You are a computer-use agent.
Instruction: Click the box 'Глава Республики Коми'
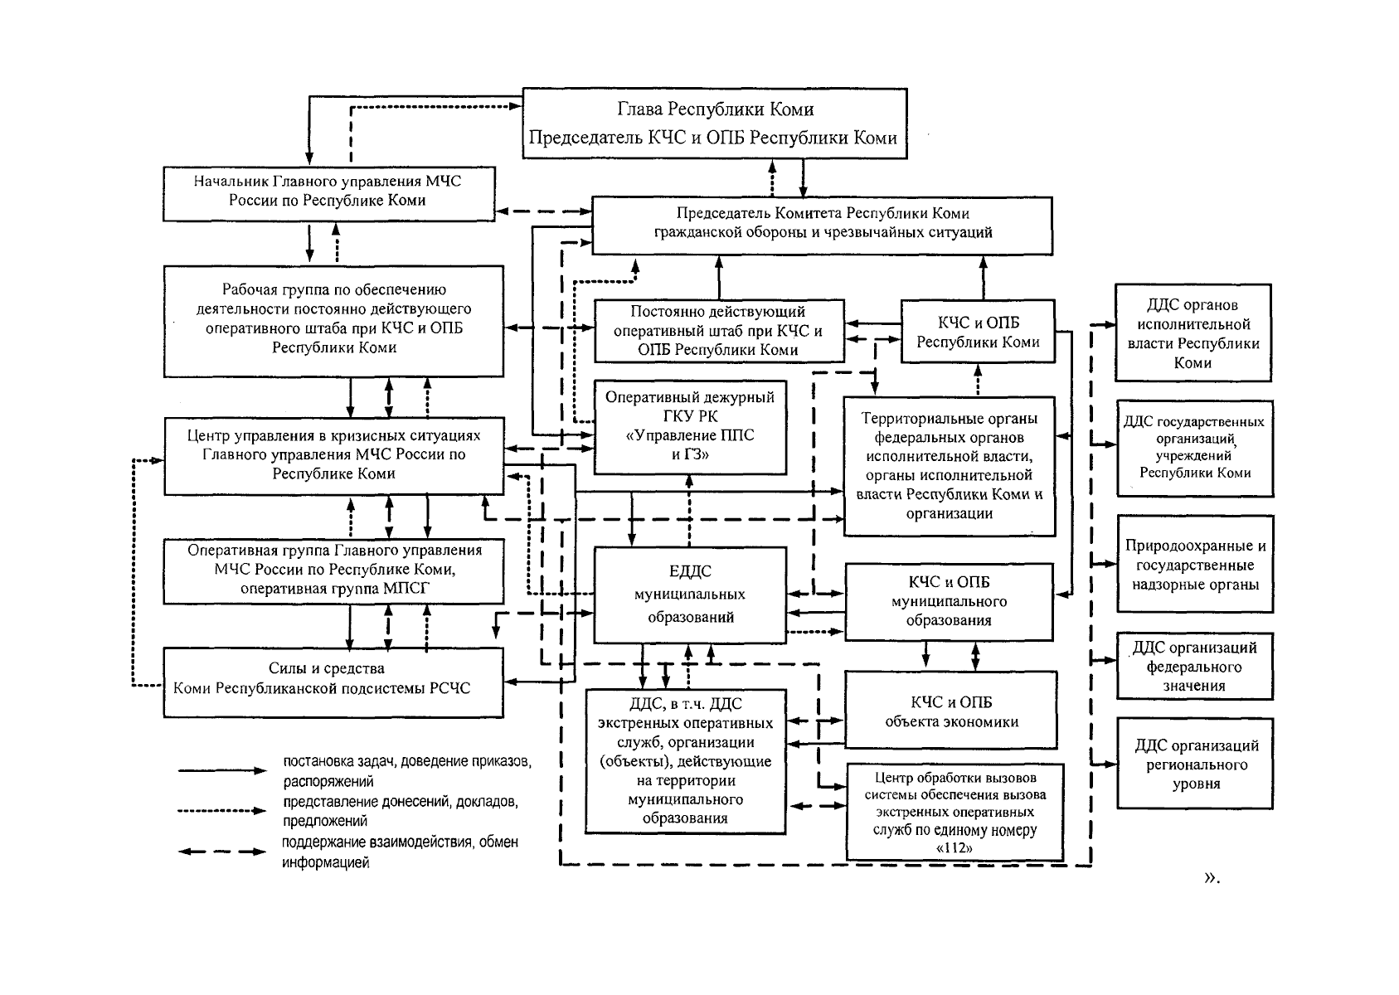[714, 124]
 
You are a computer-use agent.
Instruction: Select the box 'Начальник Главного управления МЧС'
[329, 193]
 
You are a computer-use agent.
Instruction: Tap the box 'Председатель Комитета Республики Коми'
[822, 225]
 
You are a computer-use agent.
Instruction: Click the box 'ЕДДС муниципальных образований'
[690, 595]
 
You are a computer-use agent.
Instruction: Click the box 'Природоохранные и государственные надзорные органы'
[1195, 565]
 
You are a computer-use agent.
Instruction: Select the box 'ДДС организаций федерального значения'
[1195, 667]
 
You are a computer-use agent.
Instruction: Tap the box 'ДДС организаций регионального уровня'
[1195, 764]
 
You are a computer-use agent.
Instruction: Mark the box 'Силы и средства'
[333, 682]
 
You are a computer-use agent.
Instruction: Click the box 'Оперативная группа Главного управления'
[333, 570]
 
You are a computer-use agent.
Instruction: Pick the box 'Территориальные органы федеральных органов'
[950, 466]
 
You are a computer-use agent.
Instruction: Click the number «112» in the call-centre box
[954, 848]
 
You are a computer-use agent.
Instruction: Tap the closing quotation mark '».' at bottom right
[1212, 877]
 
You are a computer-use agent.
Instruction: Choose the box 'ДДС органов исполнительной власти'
[1193, 333]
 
